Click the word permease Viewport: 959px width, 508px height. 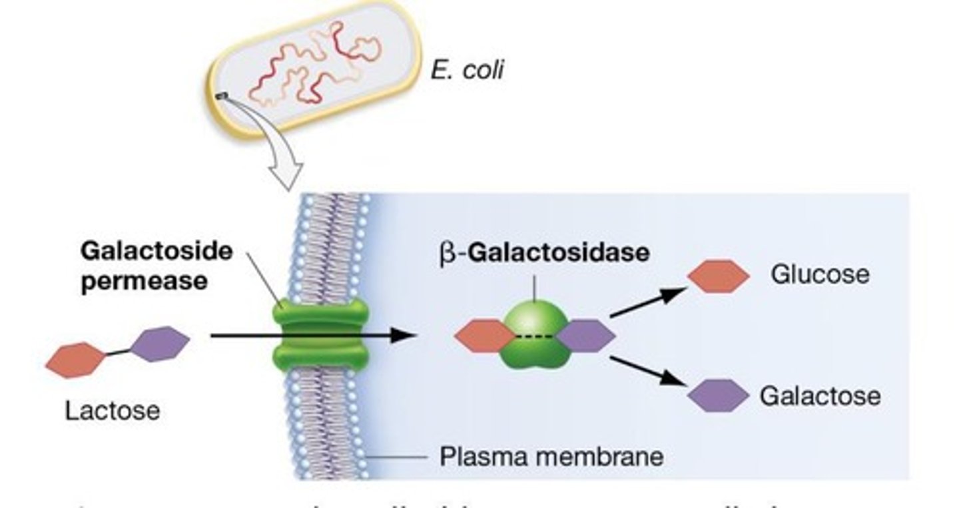[144, 280]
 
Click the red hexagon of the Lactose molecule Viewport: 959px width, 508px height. [75, 360]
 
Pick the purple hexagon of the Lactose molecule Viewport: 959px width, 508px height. [160, 344]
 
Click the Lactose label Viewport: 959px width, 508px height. [112, 410]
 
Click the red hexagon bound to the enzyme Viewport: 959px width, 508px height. [483, 336]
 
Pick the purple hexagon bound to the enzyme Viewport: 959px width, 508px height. [585, 336]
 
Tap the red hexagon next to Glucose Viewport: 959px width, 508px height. [718, 276]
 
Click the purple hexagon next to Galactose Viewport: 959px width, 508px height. [718, 396]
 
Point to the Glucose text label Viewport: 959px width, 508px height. [820, 274]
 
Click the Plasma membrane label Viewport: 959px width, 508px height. [551, 457]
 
